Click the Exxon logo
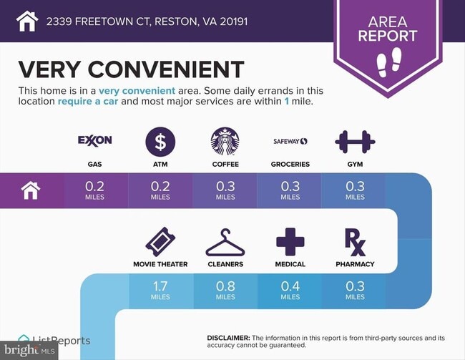[95, 140]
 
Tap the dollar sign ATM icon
[160, 142]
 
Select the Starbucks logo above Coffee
[225, 141]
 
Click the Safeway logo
[290, 141]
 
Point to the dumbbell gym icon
[355, 142]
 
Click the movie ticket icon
[160, 242]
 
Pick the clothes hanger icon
[225, 242]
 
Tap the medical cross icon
[290, 242]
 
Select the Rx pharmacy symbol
[356, 242]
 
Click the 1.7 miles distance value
[160, 291]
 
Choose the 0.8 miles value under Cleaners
[225, 291]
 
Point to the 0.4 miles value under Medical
[290, 291]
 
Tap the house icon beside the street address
[27, 21]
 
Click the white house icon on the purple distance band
[31, 190]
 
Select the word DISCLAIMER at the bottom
[228, 338]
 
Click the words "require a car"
[88, 101]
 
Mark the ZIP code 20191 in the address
[234, 21]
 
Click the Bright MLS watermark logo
[29, 350]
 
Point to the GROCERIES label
[290, 164]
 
